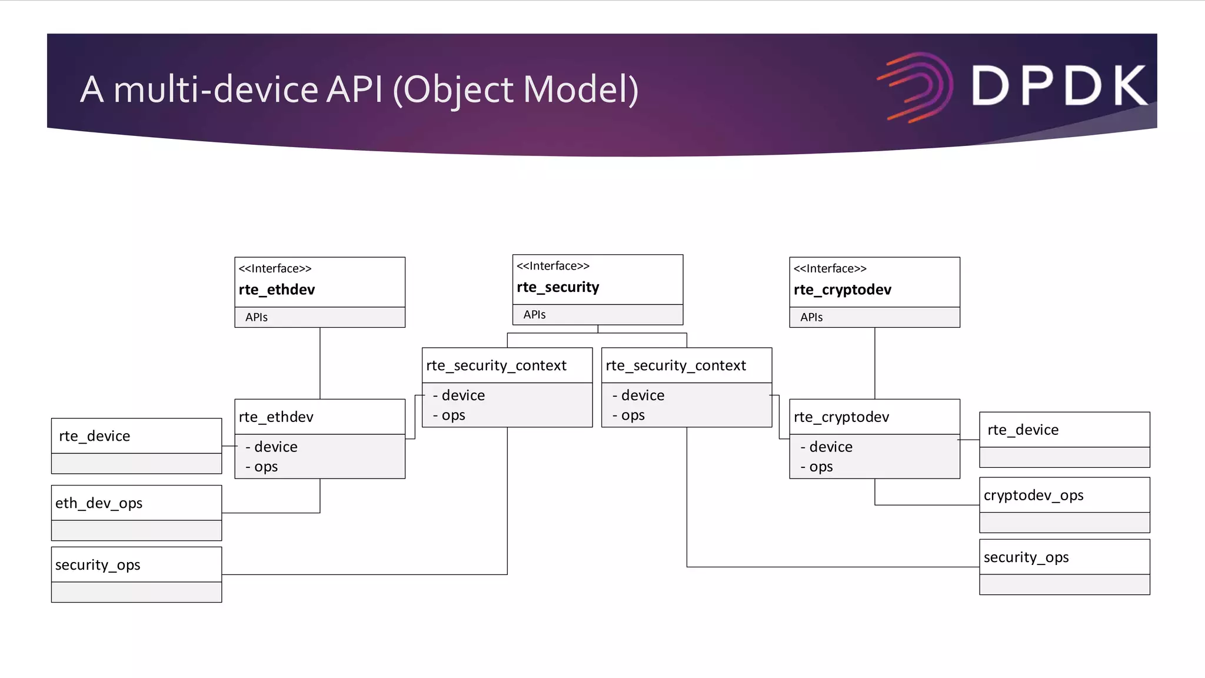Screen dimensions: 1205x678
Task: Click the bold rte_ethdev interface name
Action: pos(277,290)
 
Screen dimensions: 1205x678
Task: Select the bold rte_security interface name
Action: pos(558,287)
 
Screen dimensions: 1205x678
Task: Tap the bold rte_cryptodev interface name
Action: pos(842,290)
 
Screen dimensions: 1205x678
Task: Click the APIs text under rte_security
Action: pos(534,315)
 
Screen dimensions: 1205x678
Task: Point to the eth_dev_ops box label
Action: pos(99,503)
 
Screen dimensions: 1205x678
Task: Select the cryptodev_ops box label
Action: pos(1033,496)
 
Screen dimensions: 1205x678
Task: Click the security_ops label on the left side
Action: pos(98,565)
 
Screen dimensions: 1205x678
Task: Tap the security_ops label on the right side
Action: pos(1026,557)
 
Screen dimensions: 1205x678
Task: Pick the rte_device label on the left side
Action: pos(94,436)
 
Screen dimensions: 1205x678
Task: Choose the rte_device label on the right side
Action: pos(1023,430)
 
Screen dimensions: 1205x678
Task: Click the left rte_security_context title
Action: pos(496,365)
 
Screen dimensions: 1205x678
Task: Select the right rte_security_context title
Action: pos(675,365)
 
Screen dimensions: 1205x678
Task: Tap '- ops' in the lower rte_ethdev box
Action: pos(262,467)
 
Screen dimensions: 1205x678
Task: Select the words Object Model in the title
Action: pos(515,89)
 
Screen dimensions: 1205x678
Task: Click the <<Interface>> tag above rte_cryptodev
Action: pos(830,269)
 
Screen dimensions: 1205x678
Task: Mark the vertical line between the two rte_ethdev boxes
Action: pos(320,363)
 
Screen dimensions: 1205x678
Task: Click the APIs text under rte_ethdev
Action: pos(256,317)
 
